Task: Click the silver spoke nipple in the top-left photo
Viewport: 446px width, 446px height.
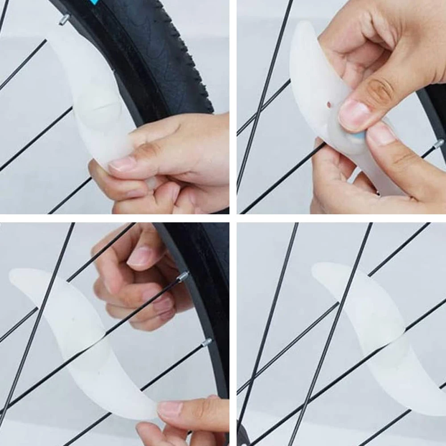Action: pyautogui.click(x=64, y=19)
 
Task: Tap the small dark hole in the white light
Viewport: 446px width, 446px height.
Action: pyautogui.click(x=329, y=105)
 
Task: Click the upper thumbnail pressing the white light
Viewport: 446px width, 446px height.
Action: pyautogui.click(x=354, y=113)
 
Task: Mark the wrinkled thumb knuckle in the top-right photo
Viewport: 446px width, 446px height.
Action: pyautogui.click(x=379, y=87)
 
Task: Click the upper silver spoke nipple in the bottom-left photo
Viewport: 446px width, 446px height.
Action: pyautogui.click(x=183, y=276)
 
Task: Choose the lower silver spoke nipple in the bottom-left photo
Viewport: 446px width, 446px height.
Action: pyautogui.click(x=207, y=342)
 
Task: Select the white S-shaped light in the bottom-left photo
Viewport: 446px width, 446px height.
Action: pyautogui.click(x=89, y=339)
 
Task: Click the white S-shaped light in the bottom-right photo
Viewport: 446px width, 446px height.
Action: pyautogui.click(x=379, y=330)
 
